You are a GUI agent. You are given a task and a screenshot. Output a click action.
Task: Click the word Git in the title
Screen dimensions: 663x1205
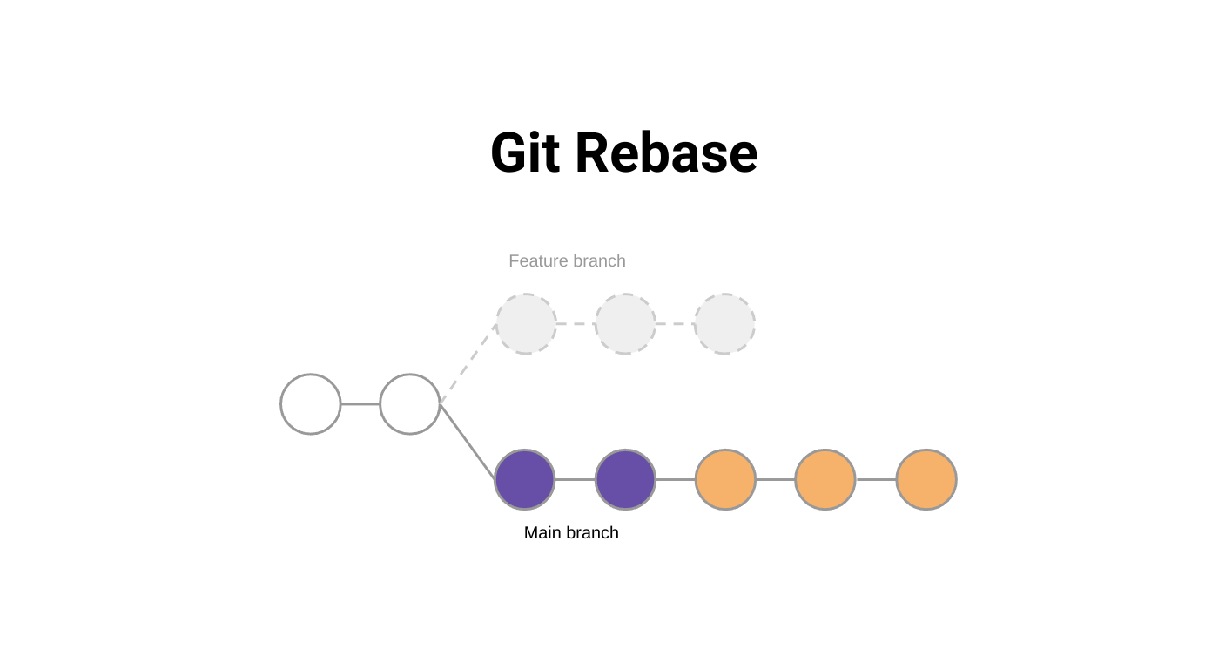coord(525,153)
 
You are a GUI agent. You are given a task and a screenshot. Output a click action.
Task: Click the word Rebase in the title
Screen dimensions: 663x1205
coord(666,153)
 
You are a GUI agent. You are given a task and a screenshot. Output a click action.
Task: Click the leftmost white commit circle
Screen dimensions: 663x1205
coord(311,404)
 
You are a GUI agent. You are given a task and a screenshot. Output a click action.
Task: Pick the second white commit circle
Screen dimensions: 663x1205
coord(410,404)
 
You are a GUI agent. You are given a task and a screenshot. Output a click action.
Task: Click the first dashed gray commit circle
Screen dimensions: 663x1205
coord(526,324)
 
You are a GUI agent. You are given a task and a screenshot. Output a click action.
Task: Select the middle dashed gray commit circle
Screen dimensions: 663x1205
coord(625,324)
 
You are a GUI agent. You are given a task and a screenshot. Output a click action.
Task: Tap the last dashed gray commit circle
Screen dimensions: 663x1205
coord(724,324)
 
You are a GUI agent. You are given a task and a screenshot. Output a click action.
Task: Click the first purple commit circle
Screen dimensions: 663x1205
coord(525,479)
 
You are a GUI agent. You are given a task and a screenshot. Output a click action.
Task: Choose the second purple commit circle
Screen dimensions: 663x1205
coord(625,479)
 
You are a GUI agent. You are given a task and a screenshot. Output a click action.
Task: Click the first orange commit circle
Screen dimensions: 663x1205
coord(725,479)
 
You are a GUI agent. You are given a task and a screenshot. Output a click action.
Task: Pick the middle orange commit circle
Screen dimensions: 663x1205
coord(825,479)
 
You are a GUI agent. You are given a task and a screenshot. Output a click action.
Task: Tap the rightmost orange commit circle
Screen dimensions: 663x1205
coord(926,479)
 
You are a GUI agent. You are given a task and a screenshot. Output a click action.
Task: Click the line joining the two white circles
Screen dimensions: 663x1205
coord(360,404)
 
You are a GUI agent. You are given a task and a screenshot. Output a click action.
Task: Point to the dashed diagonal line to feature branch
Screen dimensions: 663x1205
coord(468,364)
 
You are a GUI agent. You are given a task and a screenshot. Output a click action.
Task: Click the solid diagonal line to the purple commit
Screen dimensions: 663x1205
coord(468,442)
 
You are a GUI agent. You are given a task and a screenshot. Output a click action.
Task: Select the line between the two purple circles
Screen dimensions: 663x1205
coord(575,479)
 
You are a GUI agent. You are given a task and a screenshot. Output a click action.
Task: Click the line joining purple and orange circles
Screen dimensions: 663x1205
coord(675,479)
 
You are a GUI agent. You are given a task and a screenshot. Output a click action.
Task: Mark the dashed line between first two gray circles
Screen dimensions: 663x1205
coord(576,324)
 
